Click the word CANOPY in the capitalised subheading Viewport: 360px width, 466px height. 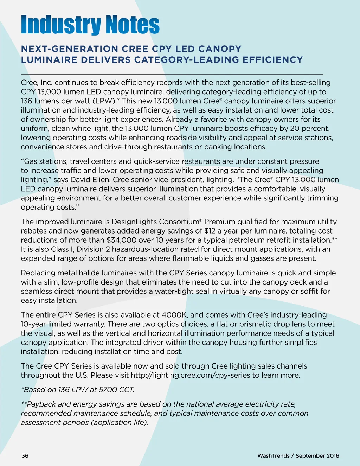219,49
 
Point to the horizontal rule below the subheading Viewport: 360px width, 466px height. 172,74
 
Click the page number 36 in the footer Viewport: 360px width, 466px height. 25,456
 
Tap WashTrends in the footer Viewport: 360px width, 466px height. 273,456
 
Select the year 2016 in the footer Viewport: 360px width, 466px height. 333,456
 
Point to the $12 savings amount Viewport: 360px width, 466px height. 210,231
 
